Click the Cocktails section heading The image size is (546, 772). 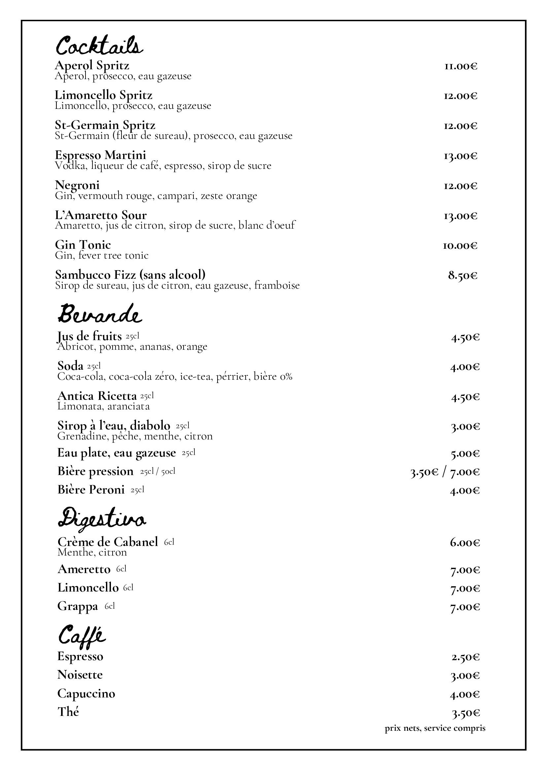pos(99,46)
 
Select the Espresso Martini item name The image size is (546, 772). pos(101,155)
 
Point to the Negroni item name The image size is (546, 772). pos(77,185)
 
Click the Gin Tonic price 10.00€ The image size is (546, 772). pos(460,246)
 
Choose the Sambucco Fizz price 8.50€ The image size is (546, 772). pos(462,276)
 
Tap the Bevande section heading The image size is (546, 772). pos(100,314)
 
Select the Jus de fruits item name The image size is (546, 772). pos(89,336)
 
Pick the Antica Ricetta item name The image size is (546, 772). pos(97,396)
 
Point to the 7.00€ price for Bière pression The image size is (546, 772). pos(465,472)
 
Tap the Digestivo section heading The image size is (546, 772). pos(102,521)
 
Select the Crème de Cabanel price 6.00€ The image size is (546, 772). pos(464,543)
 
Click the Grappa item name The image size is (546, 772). pos(77,606)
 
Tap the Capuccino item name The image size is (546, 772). pos(86,694)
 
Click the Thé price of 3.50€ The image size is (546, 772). pos(465,713)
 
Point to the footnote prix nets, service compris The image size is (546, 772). pos(435,729)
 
